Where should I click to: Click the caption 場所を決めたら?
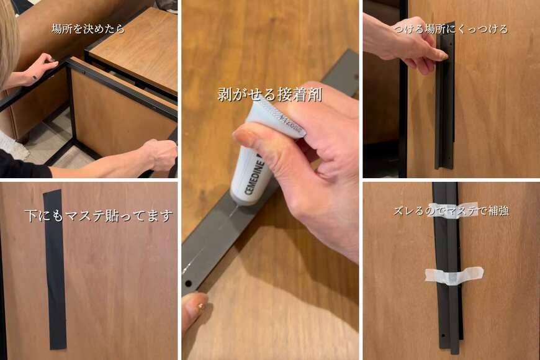[x=88, y=29]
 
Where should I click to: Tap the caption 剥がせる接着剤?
[x=269, y=94]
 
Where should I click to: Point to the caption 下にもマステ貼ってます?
[x=98, y=216]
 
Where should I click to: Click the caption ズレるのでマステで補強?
[x=451, y=210]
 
